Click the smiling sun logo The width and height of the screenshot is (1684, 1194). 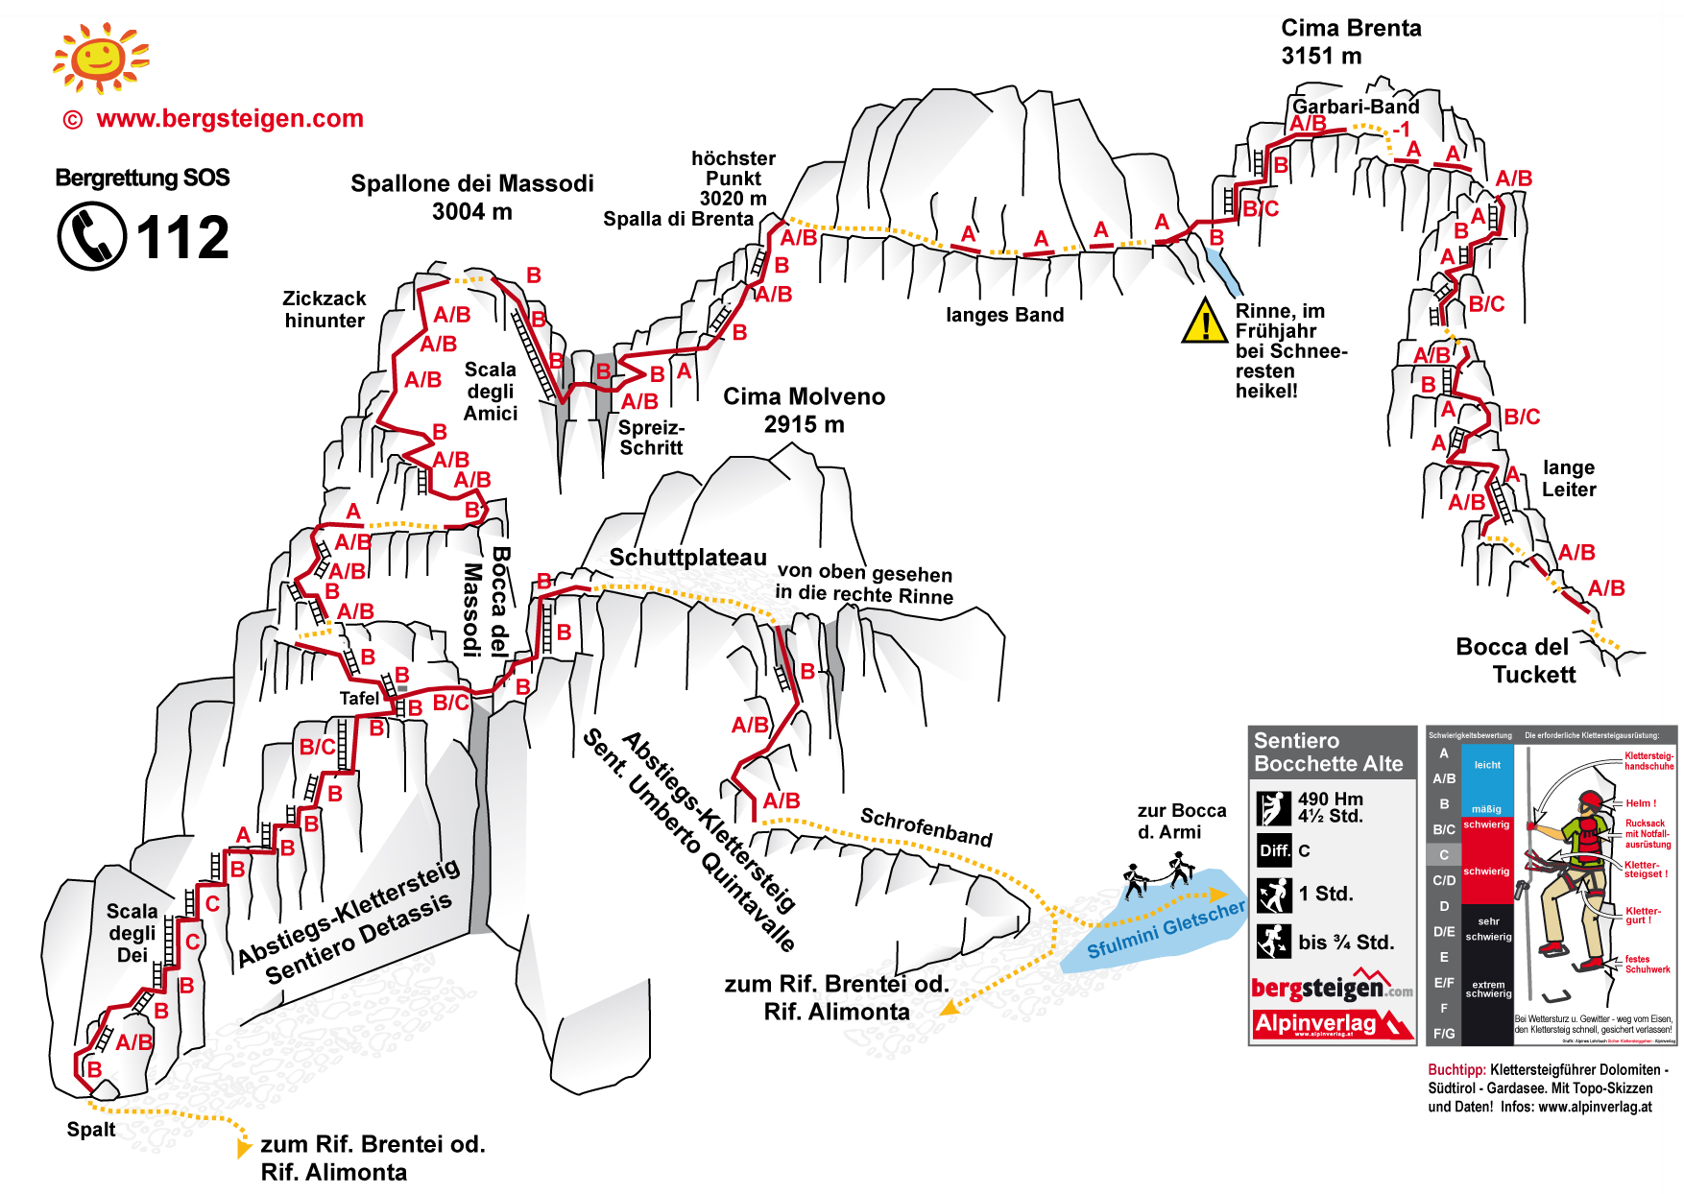(100, 59)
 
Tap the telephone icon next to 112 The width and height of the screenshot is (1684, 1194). (92, 236)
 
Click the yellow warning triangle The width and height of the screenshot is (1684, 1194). (1204, 322)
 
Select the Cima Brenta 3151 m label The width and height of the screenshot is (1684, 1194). (1350, 42)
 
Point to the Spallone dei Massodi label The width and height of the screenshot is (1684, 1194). (471, 197)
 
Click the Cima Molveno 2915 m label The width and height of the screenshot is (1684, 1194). (804, 410)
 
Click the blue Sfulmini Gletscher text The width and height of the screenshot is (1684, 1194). (1166, 930)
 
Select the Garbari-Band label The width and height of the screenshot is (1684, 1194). (1355, 107)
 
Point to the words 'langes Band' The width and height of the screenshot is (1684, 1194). (1004, 315)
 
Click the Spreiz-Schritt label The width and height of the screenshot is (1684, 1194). (651, 438)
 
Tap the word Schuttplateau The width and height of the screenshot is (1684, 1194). (687, 558)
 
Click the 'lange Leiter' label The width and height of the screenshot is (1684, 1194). (1568, 478)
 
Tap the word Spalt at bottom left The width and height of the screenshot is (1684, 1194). (91, 1130)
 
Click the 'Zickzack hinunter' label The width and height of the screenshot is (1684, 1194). (325, 309)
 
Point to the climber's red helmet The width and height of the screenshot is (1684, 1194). (1591, 799)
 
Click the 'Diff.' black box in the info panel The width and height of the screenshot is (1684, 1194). (1274, 850)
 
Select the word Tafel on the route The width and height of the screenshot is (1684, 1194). (359, 699)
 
